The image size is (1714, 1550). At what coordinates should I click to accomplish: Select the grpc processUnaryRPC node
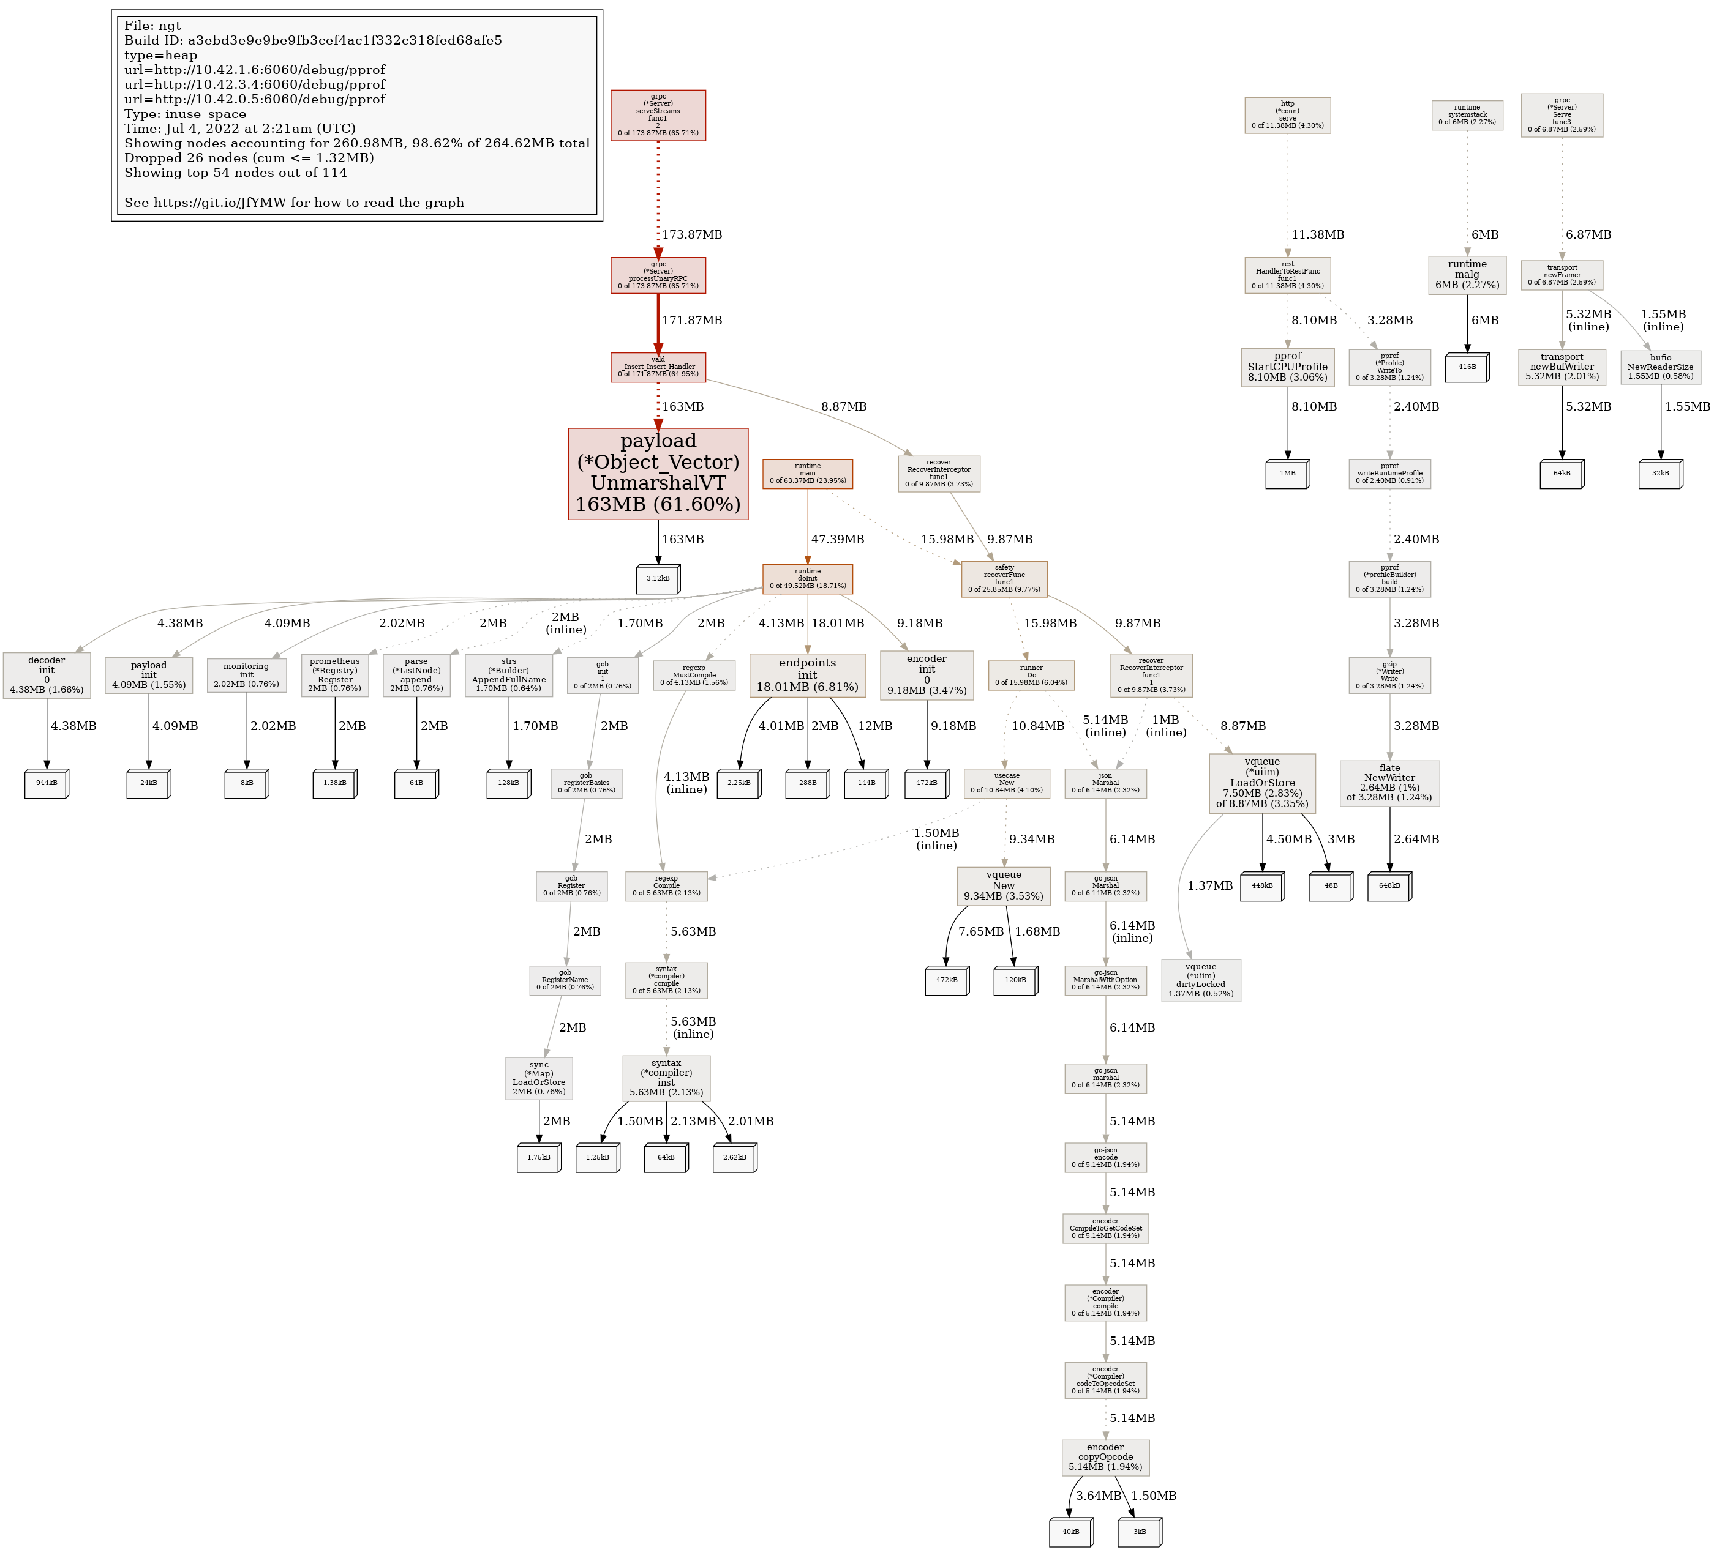coord(658,275)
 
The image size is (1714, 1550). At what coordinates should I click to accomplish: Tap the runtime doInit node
coord(807,579)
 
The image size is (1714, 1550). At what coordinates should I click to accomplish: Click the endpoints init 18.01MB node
coord(807,675)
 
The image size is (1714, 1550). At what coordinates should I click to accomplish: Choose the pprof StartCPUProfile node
coord(1287,367)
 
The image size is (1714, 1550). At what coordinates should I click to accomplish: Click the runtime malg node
coord(1467,275)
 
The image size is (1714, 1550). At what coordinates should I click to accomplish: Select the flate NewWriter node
coord(1389,783)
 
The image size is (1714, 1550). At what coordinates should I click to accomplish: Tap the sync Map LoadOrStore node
coord(539,1078)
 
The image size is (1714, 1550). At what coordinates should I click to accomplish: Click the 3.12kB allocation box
coord(658,579)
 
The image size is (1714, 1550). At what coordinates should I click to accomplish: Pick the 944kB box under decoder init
coord(47,783)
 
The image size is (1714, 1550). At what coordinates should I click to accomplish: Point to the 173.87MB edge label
coord(692,234)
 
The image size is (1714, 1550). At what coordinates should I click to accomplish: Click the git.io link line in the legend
coord(294,203)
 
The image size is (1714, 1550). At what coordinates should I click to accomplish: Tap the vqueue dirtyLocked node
coord(1200,980)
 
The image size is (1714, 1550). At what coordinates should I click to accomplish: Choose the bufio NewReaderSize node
coord(1661,367)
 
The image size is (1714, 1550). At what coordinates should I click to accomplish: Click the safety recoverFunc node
coord(1004,579)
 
